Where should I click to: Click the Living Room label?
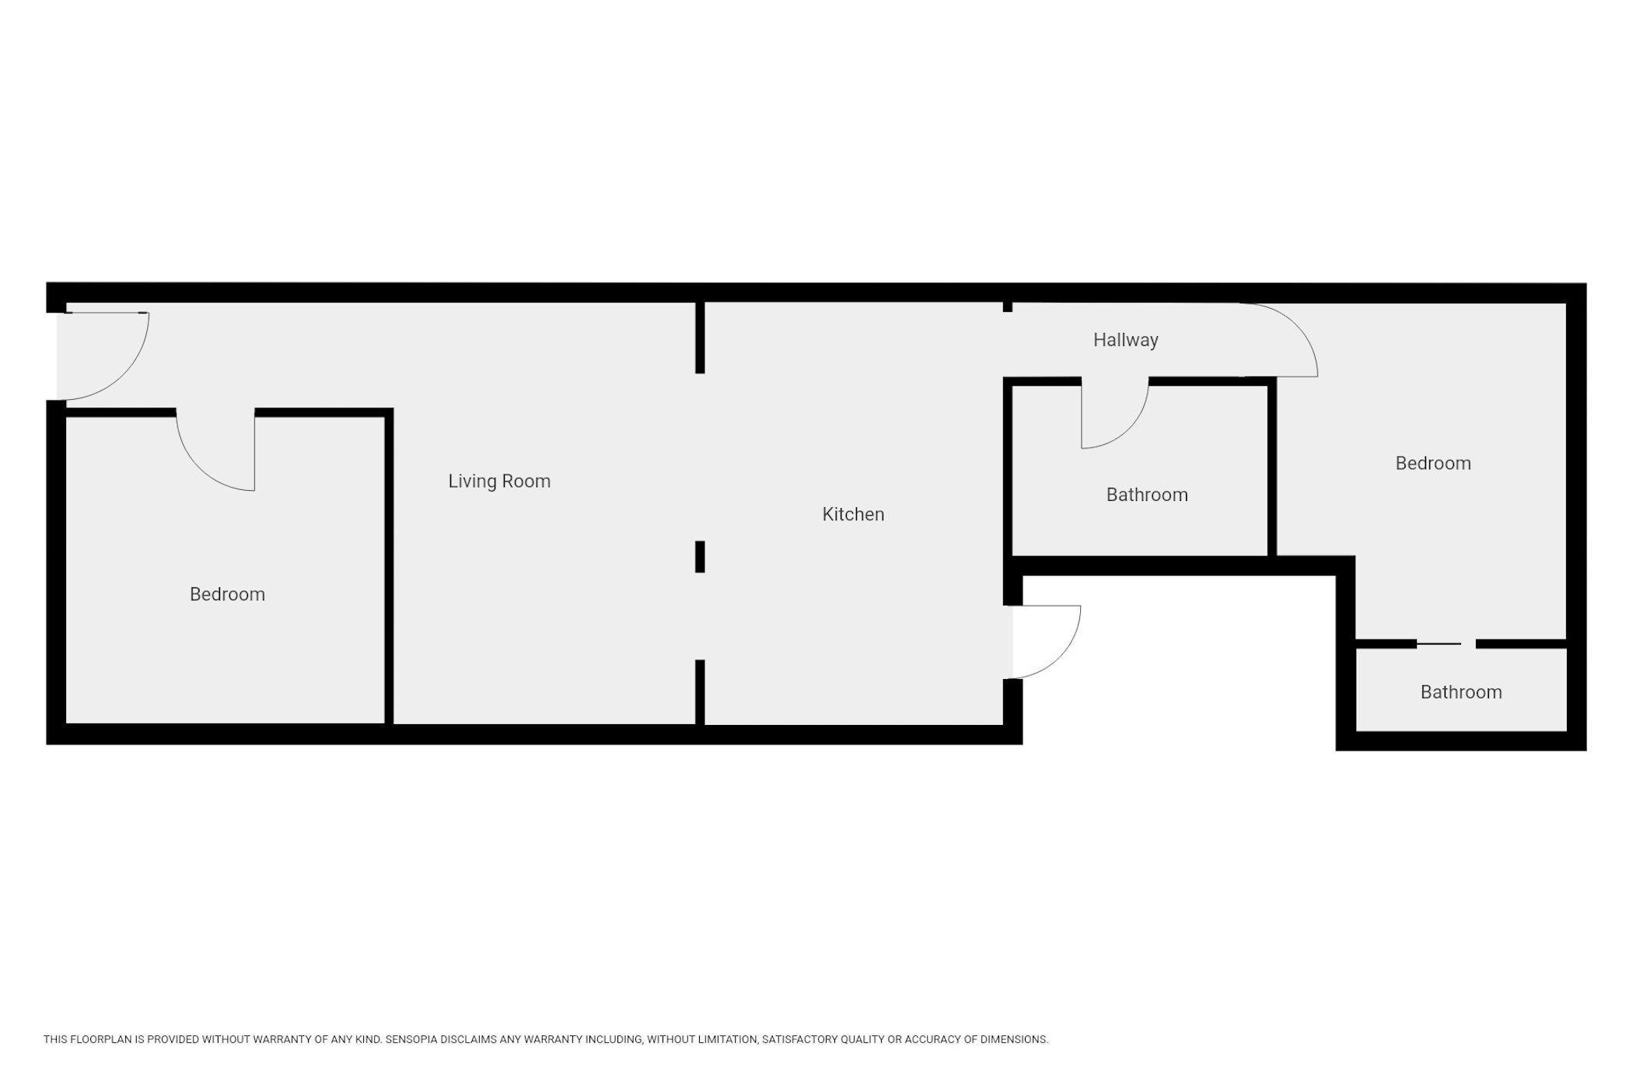pyautogui.click(x=499, y=481)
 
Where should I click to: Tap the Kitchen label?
pyautogui.click(x=853, y=514)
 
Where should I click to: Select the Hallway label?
pyautogui.click(x=1125, y=341)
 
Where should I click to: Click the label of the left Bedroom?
pyautogui.click(x=227, y=594)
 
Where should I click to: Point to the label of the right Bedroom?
pyautogui.click(x=1433, y=464)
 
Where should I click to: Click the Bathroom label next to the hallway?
pyautogui.click(x=1147, y=495)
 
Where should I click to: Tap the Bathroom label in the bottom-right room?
pyautogui.click(x=1461, y=692)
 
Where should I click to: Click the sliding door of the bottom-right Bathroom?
pyautogui.click(x=1439, y=644)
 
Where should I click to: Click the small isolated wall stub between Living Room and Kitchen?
pyautogui.click(x=700, y=557)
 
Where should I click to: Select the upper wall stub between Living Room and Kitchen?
pyautogui.click(x=700, y=338)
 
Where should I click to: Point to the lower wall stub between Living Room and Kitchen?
pyautogui.click(x=700, y=692)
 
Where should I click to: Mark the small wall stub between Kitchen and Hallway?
pyautogui.click(x=1008, y=307)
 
